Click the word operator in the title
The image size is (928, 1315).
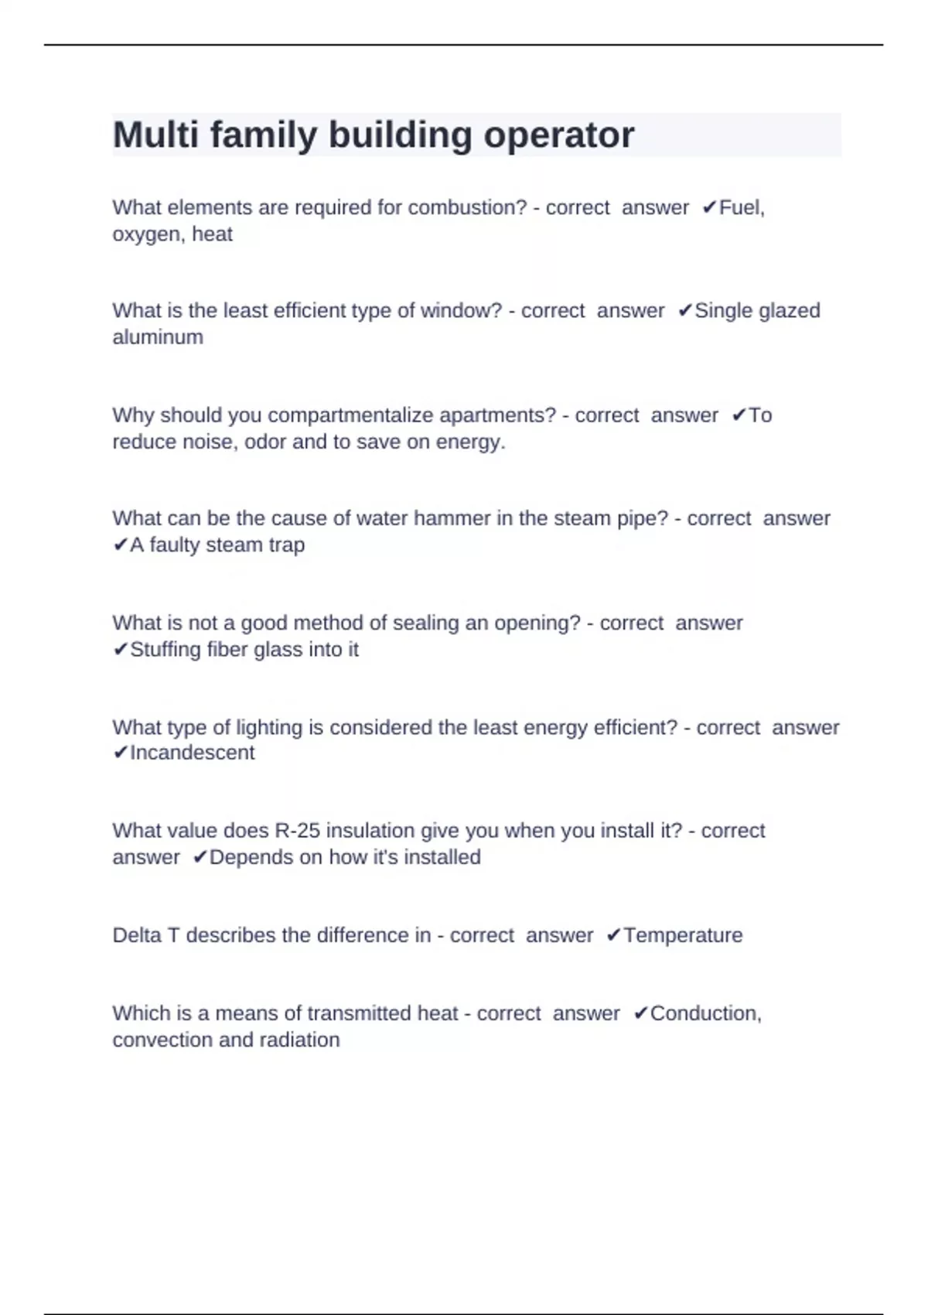click(558, 135)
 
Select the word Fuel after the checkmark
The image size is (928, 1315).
click(741, 208)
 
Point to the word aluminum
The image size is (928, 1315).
click(158, 337)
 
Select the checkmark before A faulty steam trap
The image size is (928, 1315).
click(120, 545)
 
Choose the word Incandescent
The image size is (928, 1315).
click(192, 753)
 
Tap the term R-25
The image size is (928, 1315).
click(297, 831)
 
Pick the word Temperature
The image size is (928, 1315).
click(683, 935)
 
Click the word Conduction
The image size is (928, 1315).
click(705, 1013)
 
